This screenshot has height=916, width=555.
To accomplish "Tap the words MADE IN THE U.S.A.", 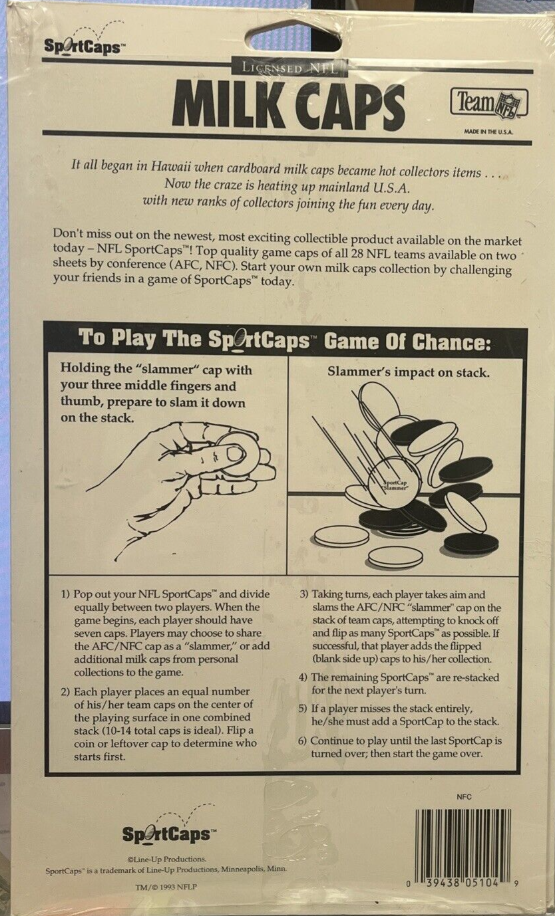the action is click(488, 131).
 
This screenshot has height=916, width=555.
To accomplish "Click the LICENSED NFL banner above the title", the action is click(289, 68).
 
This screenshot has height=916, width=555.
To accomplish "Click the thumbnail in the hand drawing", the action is click(236, 453).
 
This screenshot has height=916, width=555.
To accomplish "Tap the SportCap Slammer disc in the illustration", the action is click(395, 484).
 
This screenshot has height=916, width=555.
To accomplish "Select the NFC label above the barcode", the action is click(464, 796).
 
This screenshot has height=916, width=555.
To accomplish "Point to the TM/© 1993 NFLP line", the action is click(166, 887).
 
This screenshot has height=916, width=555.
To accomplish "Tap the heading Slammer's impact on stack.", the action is click(408, 372).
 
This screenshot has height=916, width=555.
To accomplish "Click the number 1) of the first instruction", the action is click(65, 594).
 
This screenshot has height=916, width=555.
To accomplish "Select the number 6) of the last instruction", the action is click(303, 741).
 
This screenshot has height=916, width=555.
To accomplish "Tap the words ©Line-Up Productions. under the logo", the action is click(166, 859).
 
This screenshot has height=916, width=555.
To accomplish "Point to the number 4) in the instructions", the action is click(303, 677).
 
